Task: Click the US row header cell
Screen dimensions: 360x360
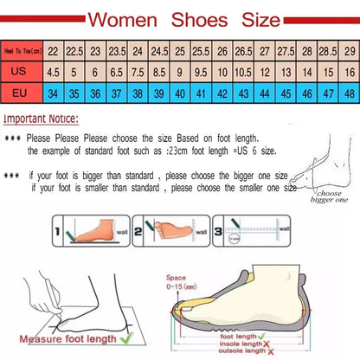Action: (21, 73)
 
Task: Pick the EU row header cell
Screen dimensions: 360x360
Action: (21, 93)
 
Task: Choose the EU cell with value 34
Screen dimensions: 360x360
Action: (54, 93)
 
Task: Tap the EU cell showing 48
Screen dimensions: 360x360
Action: (348, 93)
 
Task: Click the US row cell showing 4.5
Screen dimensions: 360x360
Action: (54, 73)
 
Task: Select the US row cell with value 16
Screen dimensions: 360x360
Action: (348, 73)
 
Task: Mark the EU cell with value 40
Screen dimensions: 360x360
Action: (180, 93)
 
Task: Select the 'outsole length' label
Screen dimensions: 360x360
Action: (242, 350)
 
